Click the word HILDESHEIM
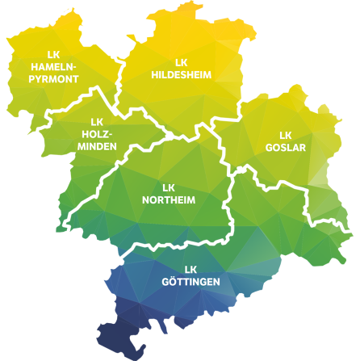181,74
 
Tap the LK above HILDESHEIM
181,62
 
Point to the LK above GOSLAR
286,135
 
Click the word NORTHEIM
169,199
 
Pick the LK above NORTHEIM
169,187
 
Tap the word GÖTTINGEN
190,281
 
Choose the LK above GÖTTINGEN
190,269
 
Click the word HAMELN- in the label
54,67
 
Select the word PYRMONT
54,79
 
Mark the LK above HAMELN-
54,55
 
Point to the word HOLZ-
98,134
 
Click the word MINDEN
98,146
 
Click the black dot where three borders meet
170,135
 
